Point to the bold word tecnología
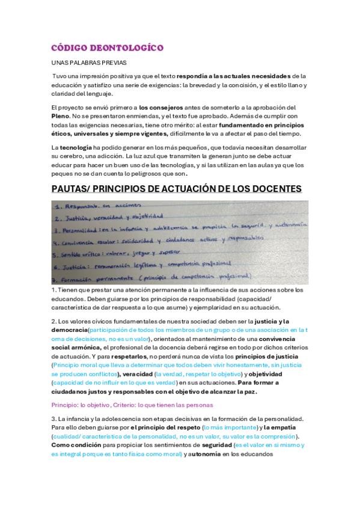(76, 147)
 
